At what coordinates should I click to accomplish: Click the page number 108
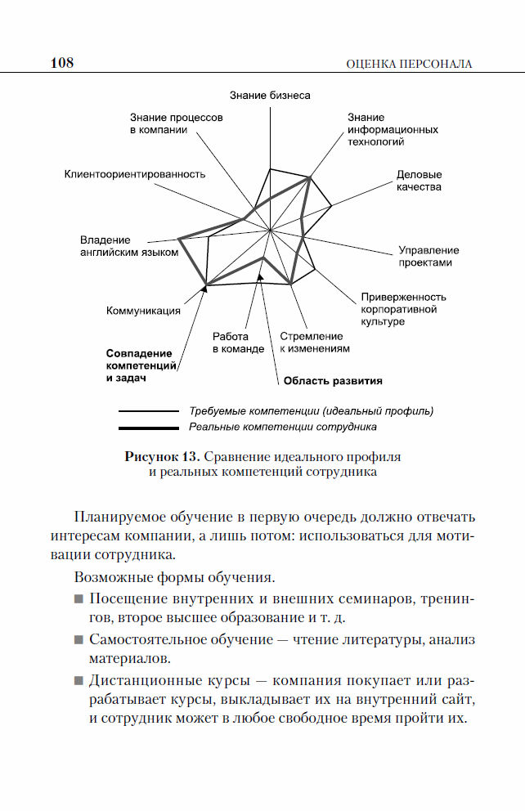(x=62, y=63)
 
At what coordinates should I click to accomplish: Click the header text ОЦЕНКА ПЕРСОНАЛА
(x=410, y=64)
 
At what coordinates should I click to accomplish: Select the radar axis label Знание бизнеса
(x=270, y=96)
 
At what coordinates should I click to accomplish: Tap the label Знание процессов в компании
(x=176, y=123)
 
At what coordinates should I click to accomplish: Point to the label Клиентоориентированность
(x=135, y=174)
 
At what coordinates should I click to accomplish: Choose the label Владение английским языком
(x=128, y=246)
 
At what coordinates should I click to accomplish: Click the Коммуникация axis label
(x=143, y=311)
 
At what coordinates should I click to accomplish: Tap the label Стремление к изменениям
(x=315, y=342)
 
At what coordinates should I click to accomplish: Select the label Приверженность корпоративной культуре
(x=403, y=309)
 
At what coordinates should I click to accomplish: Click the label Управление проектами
(x=428, y=256)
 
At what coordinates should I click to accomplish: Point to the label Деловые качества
(x=419, y=181)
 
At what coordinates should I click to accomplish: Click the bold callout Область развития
(x=333, y=380)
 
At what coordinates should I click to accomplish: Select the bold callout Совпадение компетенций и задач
(x=139, y=365)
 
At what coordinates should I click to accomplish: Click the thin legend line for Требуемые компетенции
(x=148, y=411)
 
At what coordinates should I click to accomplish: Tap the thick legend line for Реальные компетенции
(x=148, y=428)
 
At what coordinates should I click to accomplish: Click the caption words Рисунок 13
(x=161, y=455)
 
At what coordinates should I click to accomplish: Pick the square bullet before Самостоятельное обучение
(x=79, y=639)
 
